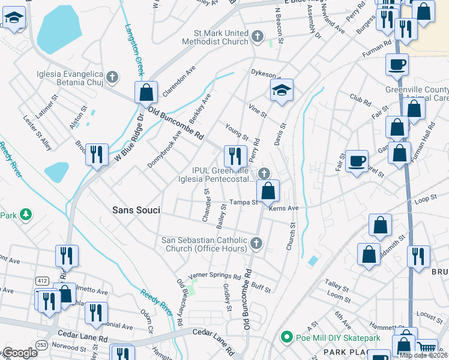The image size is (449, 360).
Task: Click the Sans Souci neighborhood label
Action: (135, 210)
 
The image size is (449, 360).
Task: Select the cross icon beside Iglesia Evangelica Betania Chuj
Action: (112, 76)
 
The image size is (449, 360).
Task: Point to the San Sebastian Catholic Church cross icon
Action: (256, 243)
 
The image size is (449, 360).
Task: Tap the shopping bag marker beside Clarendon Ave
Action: (146, 93)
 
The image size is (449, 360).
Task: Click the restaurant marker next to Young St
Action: (235, 156)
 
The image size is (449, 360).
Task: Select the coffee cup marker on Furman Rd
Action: (397, 64)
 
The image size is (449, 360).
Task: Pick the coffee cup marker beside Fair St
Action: (357, 161)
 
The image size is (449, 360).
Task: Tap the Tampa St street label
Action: (246, 202)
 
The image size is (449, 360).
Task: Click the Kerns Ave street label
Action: (284, 208)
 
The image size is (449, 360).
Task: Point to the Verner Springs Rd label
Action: (214, 276)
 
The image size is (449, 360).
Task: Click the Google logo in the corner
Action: (20, 352)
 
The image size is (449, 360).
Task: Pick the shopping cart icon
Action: (427, 347)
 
